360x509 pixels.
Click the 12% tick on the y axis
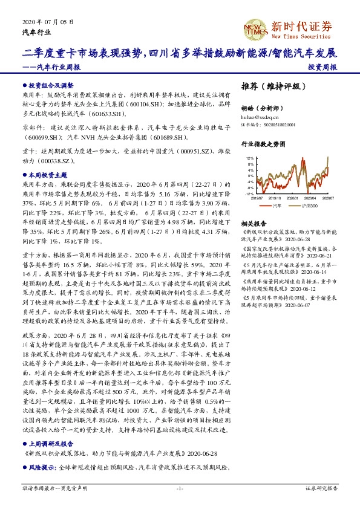tap(250, 158)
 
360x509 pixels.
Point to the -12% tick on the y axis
tap(249, 193)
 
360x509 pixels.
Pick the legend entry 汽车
tap(277, 206)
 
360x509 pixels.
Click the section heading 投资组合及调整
tap(51, 86)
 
